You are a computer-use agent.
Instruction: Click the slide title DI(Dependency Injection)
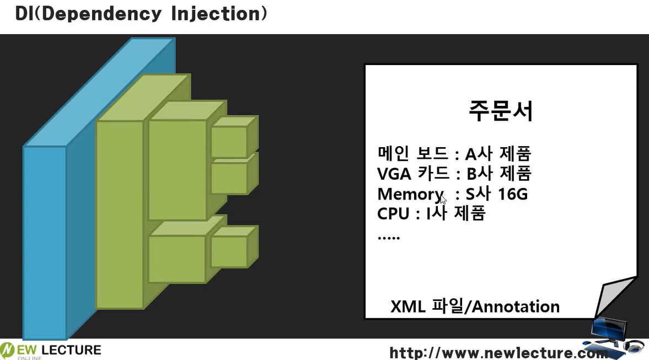tap(141, 14)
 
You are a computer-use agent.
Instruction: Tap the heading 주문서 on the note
tap(501, 110)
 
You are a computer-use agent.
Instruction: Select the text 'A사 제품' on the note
tap(498, 153)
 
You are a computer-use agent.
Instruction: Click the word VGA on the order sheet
tap(394, 174)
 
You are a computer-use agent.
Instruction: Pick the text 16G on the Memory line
tap(513, 194)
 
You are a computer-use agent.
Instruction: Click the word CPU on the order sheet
tap(393, 214)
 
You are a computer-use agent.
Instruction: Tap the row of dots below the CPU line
tap(389, 238)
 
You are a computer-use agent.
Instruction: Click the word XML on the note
tap(407, 307)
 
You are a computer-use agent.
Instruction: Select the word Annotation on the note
tap(516, 307)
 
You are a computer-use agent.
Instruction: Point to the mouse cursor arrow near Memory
tap(443, 199)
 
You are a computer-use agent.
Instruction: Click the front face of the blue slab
tap(45, 243)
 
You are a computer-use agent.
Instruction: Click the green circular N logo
tap(8, 350)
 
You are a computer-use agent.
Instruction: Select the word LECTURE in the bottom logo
tap(71, 350)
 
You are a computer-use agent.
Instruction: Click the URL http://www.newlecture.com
tap(499, 353)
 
